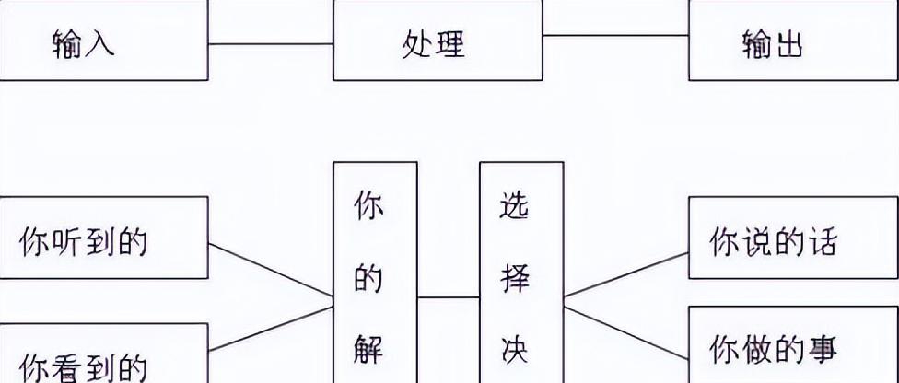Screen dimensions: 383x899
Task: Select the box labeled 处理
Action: [x=438, y=42]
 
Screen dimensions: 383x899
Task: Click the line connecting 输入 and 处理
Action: [x=271, y=43]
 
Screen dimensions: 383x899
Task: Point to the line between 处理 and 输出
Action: [x=615, y=36]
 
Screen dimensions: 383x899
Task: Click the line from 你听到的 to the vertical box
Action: [x=271, y=271]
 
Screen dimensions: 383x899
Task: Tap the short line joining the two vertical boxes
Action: [x=449, y=297]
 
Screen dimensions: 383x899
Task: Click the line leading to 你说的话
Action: [x=626, y=274]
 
